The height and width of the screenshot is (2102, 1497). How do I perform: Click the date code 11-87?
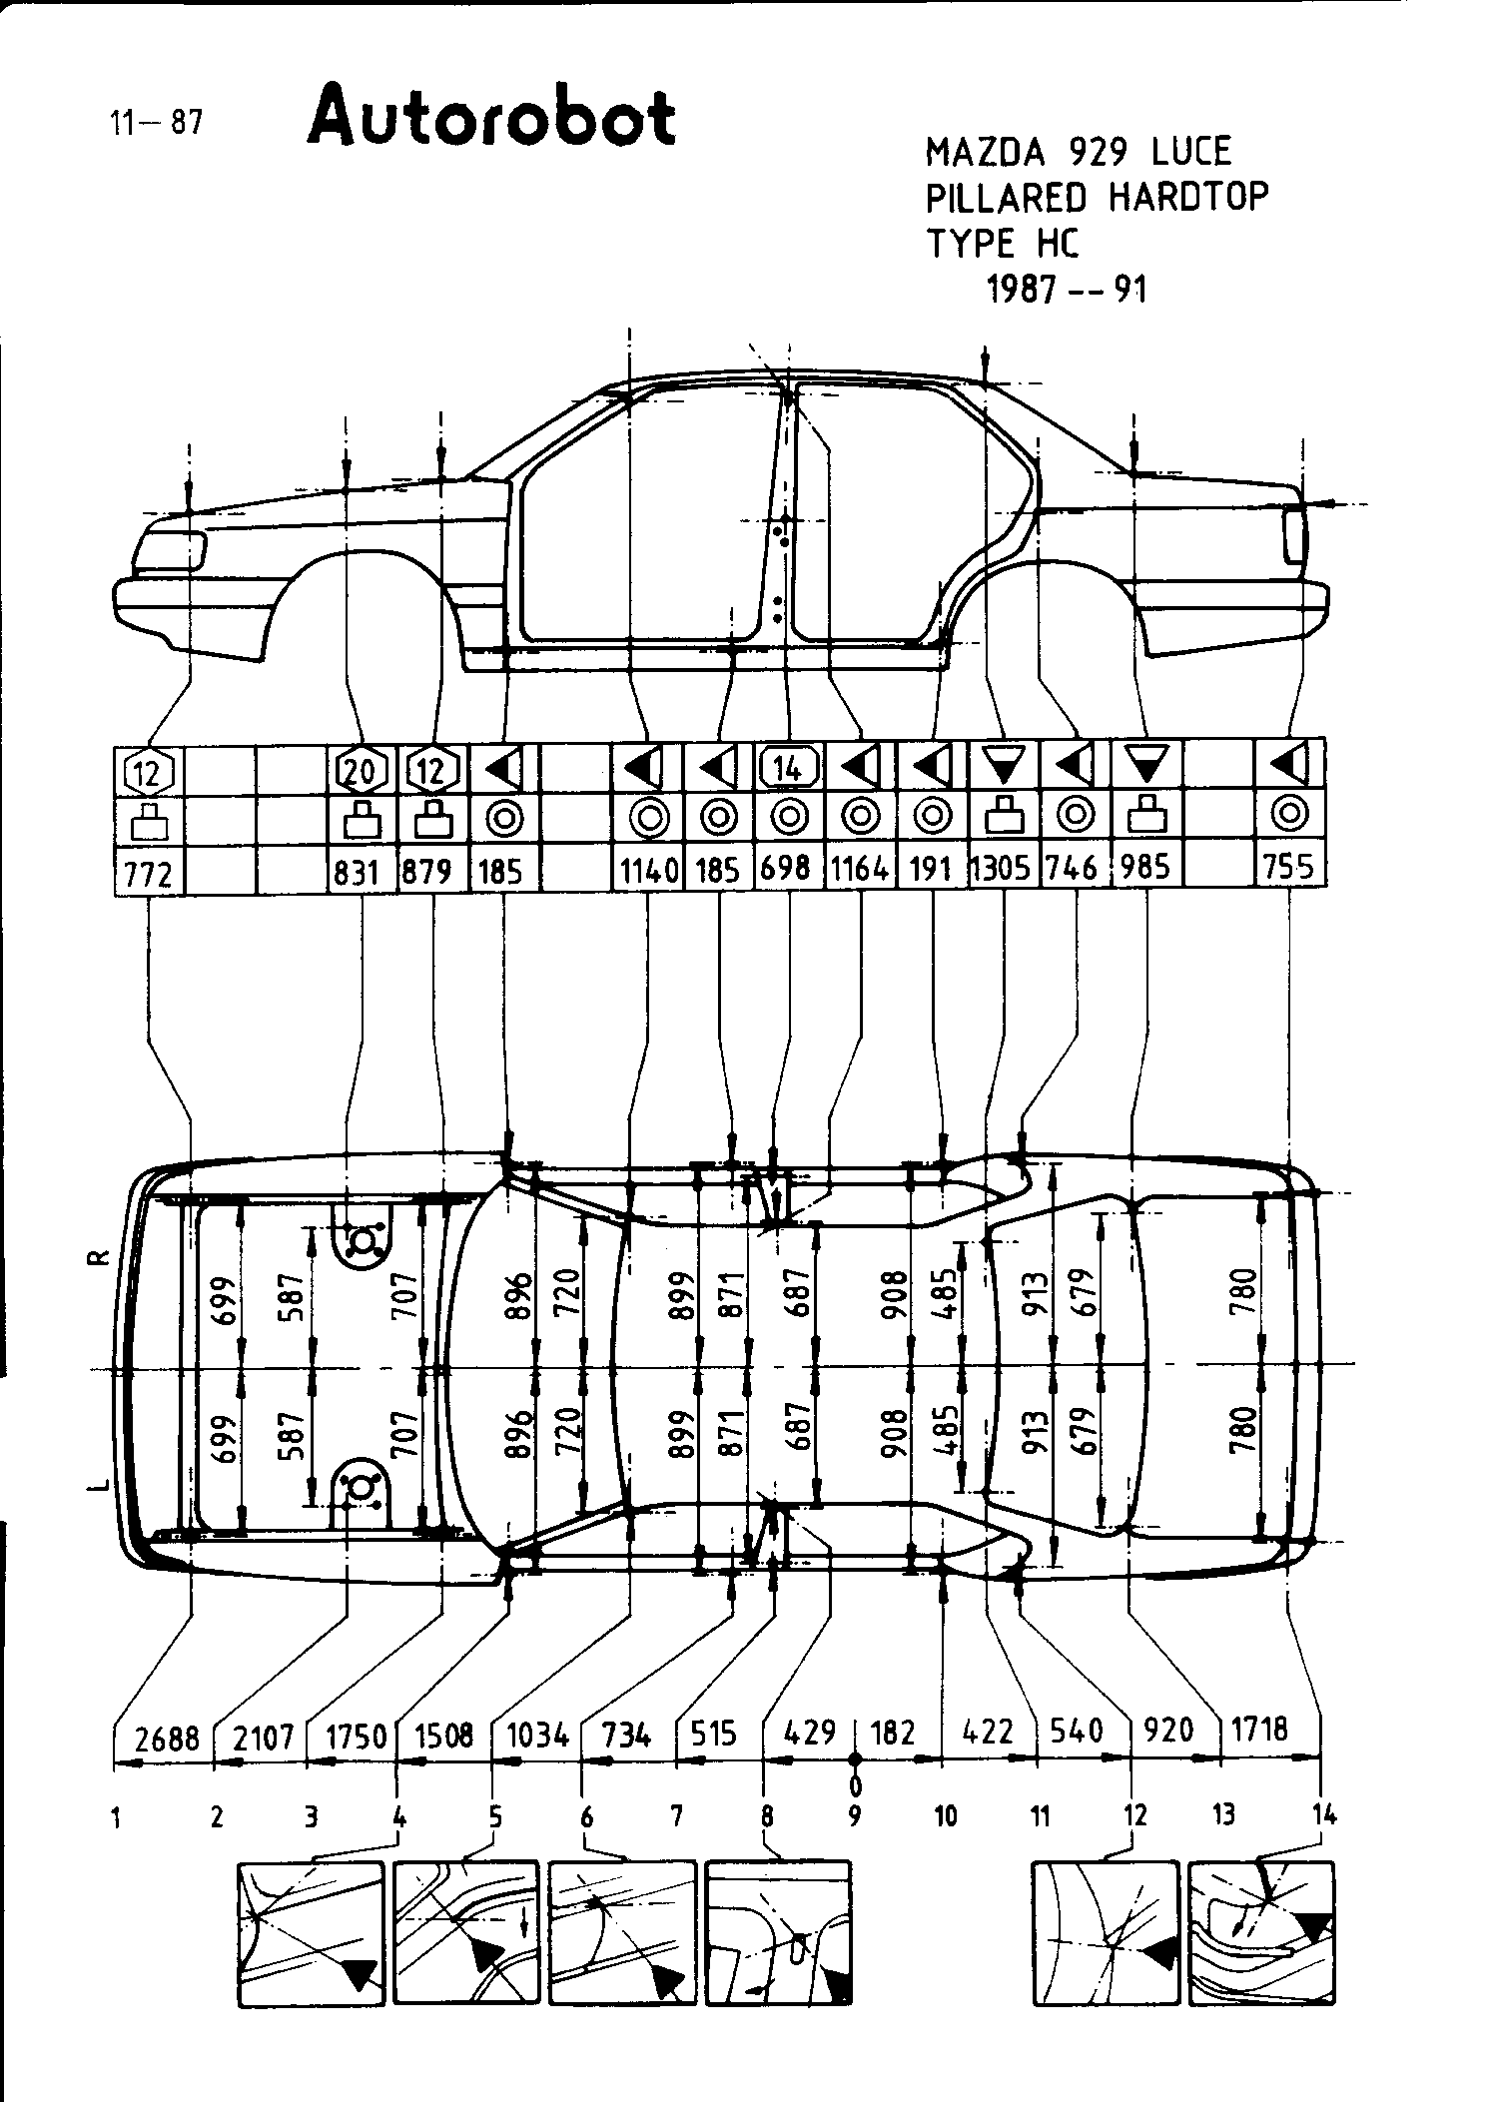(x=156, y=123)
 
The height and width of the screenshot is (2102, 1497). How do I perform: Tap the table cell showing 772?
(x=149, y=873)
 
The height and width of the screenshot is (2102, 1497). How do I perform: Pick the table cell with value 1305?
(x=1002, y=869)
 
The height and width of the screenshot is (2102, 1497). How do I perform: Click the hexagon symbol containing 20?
(x=362, y=770)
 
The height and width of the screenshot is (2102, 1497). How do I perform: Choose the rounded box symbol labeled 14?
(x=788, y=767)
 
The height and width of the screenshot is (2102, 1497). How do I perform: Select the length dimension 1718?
(x=1260, y=1729)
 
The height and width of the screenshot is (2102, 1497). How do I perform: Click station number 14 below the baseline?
(x=1324, y=1814)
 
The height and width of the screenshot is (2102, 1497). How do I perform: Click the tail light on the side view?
(x=1294, y=535)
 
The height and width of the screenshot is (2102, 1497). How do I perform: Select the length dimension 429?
(x=810, y=1731)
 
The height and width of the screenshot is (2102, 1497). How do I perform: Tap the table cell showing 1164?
(x=860, y=869)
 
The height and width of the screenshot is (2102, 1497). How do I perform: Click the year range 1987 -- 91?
(x=1067, y=290)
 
